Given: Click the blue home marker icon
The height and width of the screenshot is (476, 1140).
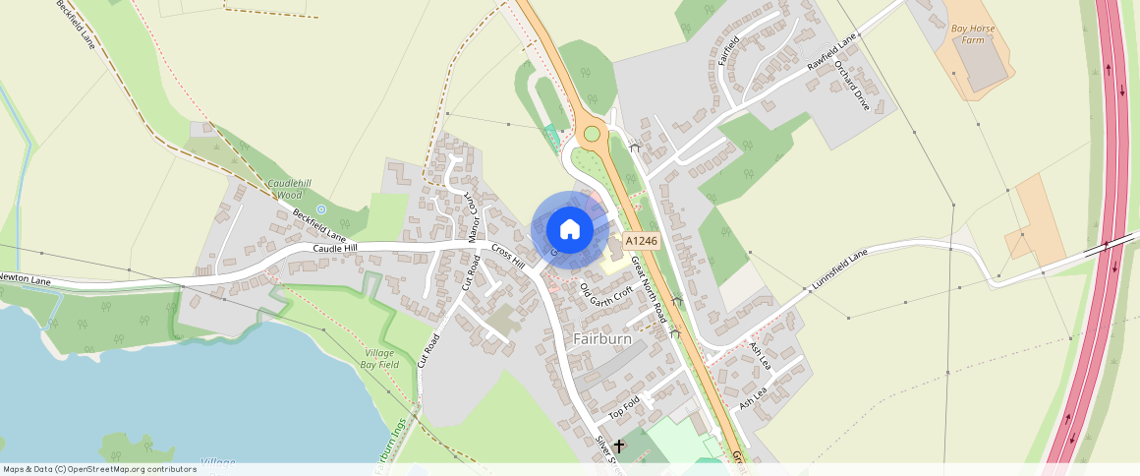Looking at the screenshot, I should [569, 230].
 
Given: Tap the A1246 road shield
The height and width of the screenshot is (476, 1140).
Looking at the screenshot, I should [641, 241].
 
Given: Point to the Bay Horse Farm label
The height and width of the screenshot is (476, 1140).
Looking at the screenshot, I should [973, 34].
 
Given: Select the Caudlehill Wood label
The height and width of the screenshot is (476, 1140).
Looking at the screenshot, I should [284, 189].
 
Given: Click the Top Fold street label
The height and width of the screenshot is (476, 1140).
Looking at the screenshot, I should [624, 404].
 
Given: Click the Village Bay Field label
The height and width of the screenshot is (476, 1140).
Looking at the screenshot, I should [380, 358].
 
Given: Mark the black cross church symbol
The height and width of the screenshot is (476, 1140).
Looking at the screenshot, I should [619, 446].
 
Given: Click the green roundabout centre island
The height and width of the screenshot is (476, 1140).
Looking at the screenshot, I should [592, 134].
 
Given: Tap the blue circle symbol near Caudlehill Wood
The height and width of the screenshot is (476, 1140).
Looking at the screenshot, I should [321, 209].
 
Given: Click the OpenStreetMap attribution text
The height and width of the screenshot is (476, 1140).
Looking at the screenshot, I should [100, 469].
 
